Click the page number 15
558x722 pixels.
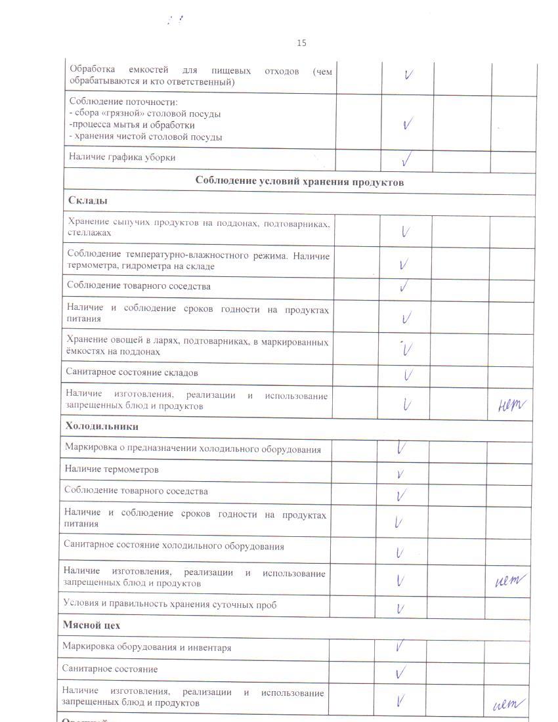301,43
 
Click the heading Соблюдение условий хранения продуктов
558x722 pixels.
299,182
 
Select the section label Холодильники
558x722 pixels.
101,426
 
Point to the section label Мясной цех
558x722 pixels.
91,625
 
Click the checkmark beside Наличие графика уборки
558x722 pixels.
407,158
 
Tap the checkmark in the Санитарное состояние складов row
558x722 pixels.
408,375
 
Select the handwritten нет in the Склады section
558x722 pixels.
513,407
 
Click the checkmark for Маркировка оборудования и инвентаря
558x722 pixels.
399,647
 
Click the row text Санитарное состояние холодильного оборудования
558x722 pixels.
173,546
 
